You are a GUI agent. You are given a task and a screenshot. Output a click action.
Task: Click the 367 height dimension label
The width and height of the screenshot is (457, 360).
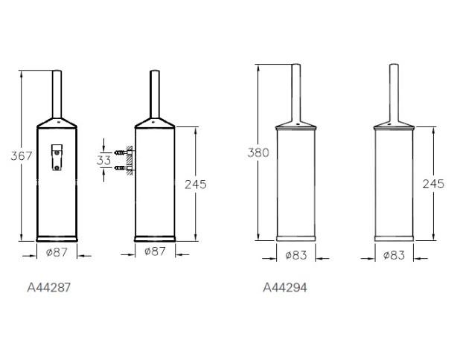point(22,155)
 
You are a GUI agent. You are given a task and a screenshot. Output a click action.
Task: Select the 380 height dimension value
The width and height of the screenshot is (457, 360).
point(258,152)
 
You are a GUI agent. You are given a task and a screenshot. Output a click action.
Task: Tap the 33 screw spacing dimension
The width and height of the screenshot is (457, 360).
point(103,160)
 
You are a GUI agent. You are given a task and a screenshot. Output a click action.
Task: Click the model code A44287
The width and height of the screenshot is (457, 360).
point(48,288)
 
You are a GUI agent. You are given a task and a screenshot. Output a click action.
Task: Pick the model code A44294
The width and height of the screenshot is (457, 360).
point(285,288)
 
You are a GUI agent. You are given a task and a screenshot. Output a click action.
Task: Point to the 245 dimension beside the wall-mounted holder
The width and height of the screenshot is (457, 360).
point(196,184)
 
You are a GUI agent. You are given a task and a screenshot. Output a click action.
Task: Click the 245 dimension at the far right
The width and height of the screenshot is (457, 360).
point(433,184)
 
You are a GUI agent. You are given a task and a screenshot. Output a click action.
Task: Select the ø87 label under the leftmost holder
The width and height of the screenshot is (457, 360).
point(57,252)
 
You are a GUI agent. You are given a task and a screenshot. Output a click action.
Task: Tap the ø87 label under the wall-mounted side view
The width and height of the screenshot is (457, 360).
point(155,251)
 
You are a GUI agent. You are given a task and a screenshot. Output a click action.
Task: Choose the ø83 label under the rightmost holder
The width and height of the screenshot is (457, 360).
point(394,255)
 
